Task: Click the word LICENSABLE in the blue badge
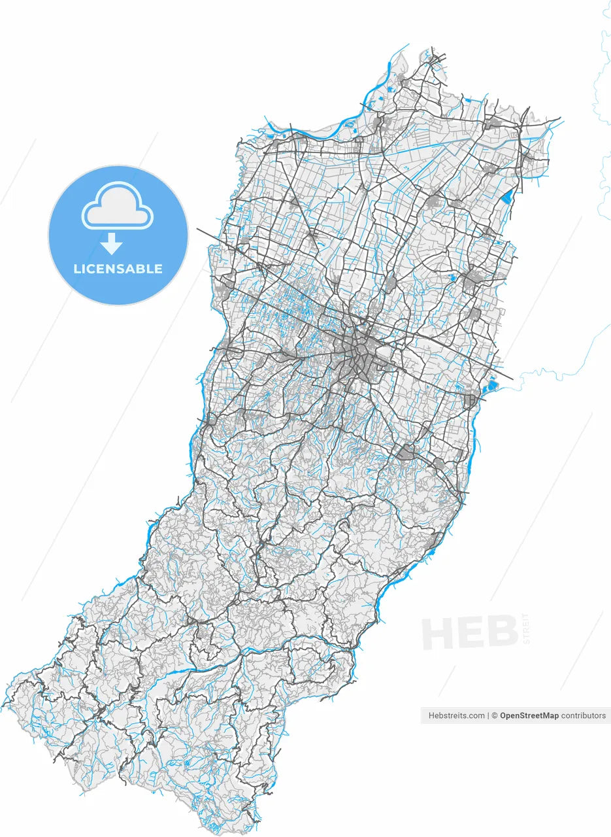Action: point(118,269)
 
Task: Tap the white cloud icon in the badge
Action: point(118,207)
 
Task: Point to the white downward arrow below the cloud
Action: point(112,244)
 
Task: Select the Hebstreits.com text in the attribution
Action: point(457,715)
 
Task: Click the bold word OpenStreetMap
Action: point(529,715)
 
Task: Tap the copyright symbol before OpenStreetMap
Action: point(495,715)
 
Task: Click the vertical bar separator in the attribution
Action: point(489,715)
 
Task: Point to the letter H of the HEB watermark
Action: point(439,633)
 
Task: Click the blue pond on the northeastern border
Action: point(506,196)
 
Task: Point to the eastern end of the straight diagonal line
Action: point(513,379)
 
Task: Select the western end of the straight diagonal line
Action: point(197,229)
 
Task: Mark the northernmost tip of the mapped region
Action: point(433,47)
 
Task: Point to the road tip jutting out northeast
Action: point(561,119)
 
